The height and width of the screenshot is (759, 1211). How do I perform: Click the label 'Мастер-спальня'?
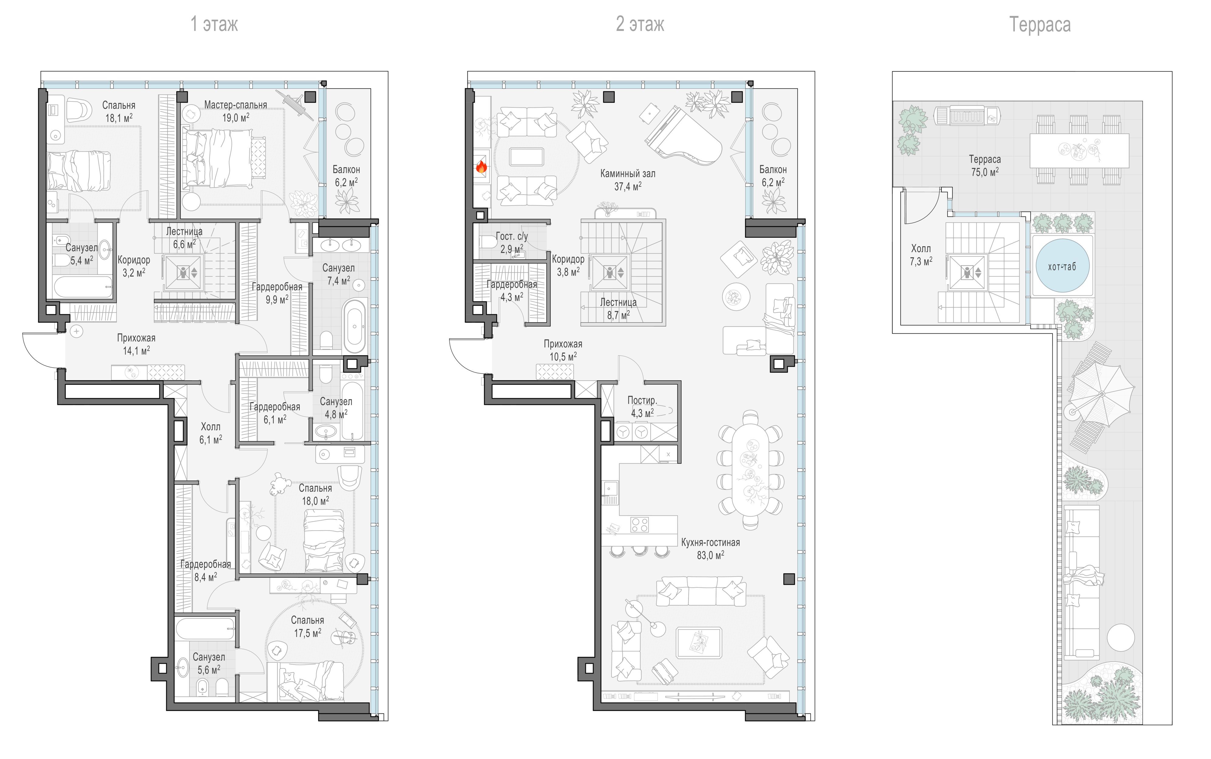tap(236, 105)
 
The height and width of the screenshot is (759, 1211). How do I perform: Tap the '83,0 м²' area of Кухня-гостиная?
tap(710, 555)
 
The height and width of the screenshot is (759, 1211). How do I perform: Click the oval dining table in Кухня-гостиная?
tap(750, 470)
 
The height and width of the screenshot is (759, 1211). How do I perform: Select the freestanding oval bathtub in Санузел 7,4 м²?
tap(355, 326)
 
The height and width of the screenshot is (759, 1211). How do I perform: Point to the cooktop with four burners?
tap(640, 525)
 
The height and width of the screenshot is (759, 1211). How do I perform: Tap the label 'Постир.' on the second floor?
tap(642, 400)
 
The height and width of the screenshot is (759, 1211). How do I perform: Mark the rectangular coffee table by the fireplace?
tap(526, 157)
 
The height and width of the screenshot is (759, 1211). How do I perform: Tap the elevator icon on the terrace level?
tap(967, 273)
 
